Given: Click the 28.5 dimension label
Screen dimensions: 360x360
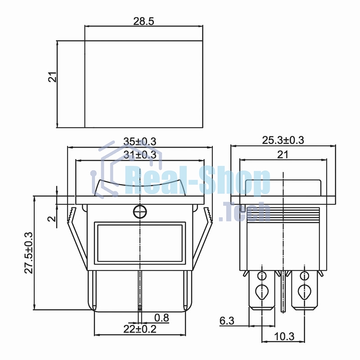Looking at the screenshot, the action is [x=144, y=21].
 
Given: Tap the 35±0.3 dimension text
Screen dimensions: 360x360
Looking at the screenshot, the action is [x=140, y=141].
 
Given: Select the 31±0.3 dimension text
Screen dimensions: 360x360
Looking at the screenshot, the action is [x=140, y=155].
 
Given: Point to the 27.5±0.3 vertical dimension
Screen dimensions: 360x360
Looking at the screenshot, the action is [x=29, y=253].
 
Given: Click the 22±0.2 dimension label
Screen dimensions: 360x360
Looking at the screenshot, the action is [x=140, y=329].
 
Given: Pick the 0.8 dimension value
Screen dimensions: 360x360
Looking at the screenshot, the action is [x=162, y=318].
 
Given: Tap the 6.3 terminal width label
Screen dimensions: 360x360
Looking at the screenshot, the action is [x=227, y=321].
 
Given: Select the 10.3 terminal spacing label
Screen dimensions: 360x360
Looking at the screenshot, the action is [x=284, y=337].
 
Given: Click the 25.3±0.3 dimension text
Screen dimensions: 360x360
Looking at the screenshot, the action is [x=283, y=140].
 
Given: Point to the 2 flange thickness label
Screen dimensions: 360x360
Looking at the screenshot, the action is [x=52, y=218].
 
